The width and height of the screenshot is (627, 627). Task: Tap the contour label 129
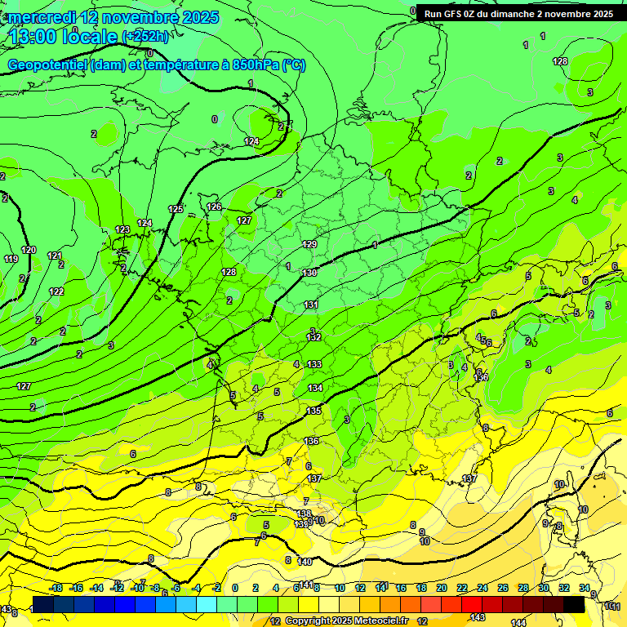[309, 244]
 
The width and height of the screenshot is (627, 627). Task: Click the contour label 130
[309, 273]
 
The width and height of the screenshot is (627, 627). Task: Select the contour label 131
[311, 305]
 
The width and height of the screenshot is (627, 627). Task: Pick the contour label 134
[315, 388]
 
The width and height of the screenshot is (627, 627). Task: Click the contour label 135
[313, 411]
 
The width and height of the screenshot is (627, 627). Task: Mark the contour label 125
[176, 210]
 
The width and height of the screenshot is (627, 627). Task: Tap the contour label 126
[214, 207]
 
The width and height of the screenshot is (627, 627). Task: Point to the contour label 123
[122, 229]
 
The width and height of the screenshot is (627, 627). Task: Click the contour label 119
[11, 259]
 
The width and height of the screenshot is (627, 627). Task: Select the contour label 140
[305, 562]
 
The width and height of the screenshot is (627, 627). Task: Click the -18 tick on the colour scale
[56, 588]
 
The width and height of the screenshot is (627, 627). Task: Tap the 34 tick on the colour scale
[585, 588]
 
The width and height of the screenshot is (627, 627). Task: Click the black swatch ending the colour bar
[574, 604]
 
